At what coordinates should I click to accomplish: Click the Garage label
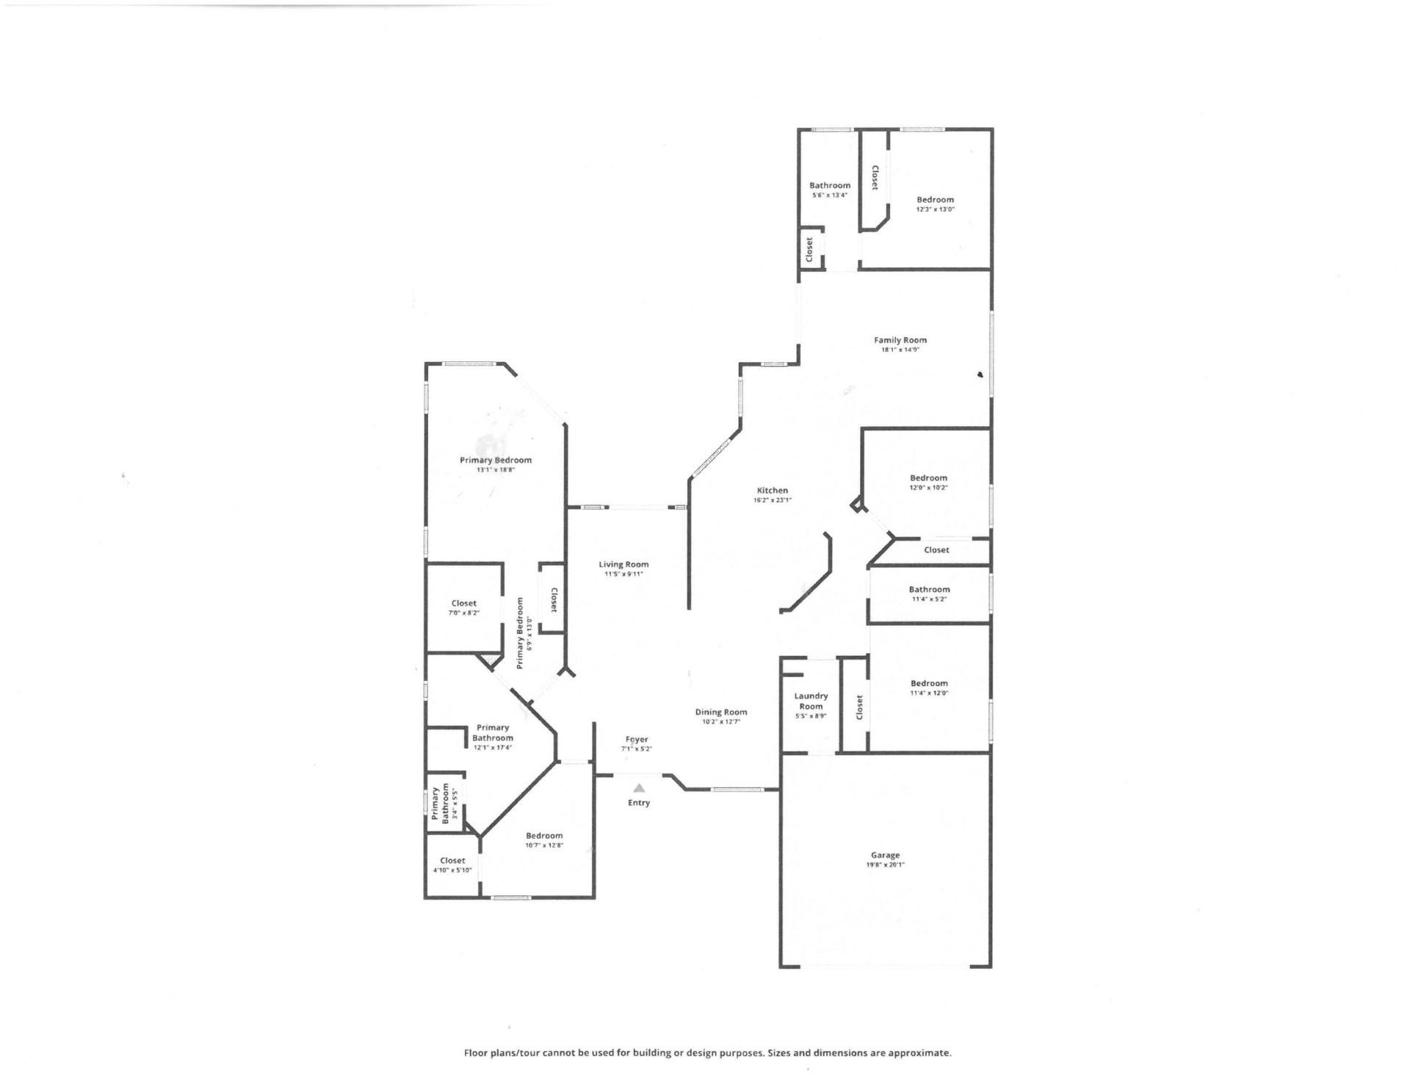885,855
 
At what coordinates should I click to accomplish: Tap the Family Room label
900,340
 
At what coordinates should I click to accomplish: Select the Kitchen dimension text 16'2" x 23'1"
772,500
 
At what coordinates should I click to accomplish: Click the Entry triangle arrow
638,788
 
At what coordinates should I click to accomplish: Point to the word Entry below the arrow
638,803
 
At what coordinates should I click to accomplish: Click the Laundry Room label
811,701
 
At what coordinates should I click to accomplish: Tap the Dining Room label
720,712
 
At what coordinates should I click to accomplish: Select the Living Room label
623,564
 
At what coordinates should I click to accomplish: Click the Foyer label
637,740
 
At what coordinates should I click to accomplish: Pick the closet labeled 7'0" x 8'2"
463,607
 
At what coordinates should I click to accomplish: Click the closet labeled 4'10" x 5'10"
452,865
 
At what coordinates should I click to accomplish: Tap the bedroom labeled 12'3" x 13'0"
935,203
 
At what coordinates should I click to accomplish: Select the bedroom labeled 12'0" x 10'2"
928,482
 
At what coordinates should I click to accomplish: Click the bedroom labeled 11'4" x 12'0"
928,687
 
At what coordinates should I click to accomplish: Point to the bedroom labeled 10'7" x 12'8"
543,840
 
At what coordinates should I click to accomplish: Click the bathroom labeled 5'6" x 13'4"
830,190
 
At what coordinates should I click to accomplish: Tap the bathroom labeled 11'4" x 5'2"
929,593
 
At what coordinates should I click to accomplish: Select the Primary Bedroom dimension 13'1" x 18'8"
495,469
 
